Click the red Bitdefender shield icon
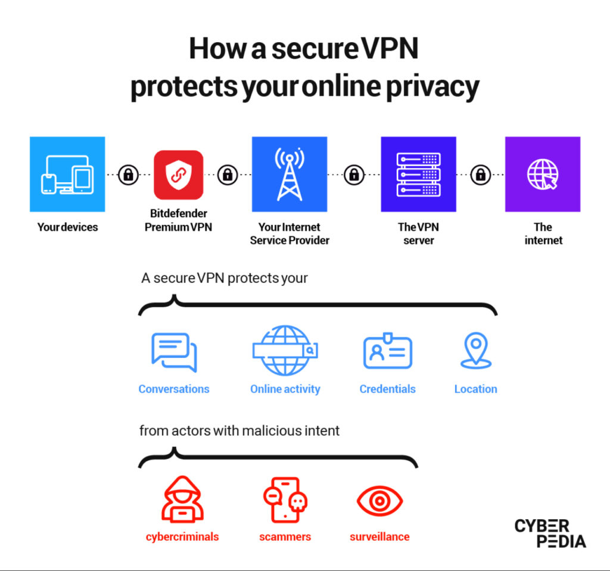(179, 174)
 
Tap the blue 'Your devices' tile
(67, 174)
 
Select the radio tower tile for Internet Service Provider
(290, 174)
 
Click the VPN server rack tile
(419, 174)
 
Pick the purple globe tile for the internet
(543, 174)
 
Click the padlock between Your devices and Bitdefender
(129, 174)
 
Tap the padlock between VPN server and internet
(481, 174)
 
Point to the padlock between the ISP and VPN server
(354, 174)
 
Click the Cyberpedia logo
(550, 533)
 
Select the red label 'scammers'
(285, 537)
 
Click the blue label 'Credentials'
(387, 389)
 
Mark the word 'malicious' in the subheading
(271, 431)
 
